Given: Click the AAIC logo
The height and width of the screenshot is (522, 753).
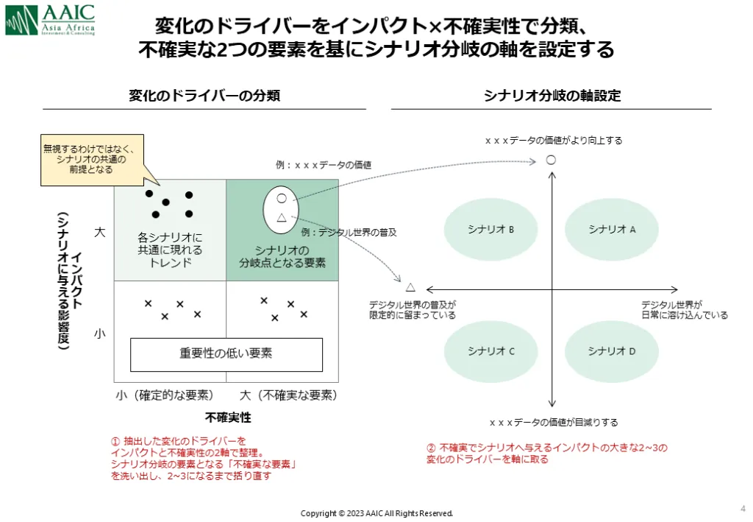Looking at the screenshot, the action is click(50, 19).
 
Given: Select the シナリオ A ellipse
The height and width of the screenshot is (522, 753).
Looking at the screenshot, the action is click(611, 229).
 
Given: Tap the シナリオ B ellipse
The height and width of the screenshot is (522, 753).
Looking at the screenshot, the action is click(490, 229).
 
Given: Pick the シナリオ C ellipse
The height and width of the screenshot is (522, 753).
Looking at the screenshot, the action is click(490, 351).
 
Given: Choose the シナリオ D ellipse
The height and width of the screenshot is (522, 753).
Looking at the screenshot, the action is click(611, 351).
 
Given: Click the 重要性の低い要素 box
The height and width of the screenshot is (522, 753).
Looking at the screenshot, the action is click(226, 354).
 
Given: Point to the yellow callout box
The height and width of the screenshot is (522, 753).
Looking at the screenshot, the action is click(92, 160).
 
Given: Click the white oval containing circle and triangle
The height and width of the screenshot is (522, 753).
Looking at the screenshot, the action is click(281, 210).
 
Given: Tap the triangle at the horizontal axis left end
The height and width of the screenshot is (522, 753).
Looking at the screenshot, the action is click(410, 287).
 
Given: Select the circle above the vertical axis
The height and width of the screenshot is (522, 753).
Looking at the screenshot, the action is click(551, 160).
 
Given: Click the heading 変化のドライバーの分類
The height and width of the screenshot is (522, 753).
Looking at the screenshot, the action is click(204, 96).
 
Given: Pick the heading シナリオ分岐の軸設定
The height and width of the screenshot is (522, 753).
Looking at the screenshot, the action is click(552, 96).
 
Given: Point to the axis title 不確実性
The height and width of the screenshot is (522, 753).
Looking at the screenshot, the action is click(228, 417).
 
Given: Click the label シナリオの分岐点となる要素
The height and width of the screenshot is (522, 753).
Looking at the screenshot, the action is click(282, 256).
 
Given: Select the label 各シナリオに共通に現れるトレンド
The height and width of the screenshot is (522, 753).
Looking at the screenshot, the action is click(170, 250).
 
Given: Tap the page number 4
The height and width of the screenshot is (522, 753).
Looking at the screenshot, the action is click(743, 508).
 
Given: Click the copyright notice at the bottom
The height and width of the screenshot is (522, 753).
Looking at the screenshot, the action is click(376, 513).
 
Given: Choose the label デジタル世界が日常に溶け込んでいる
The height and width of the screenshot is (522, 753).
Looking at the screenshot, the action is click(685, 310).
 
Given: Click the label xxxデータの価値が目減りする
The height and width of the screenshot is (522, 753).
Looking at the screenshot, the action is click(554, 423).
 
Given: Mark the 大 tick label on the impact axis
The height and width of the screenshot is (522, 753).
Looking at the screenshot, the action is click(99, 232).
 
